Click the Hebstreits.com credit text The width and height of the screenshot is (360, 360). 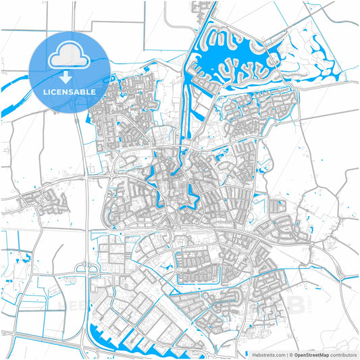(265, 354)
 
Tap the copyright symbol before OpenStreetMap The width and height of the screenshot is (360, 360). (291, 354)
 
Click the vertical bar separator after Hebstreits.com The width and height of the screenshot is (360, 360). (286, 354)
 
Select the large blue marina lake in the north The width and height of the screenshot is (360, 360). (223, 51)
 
